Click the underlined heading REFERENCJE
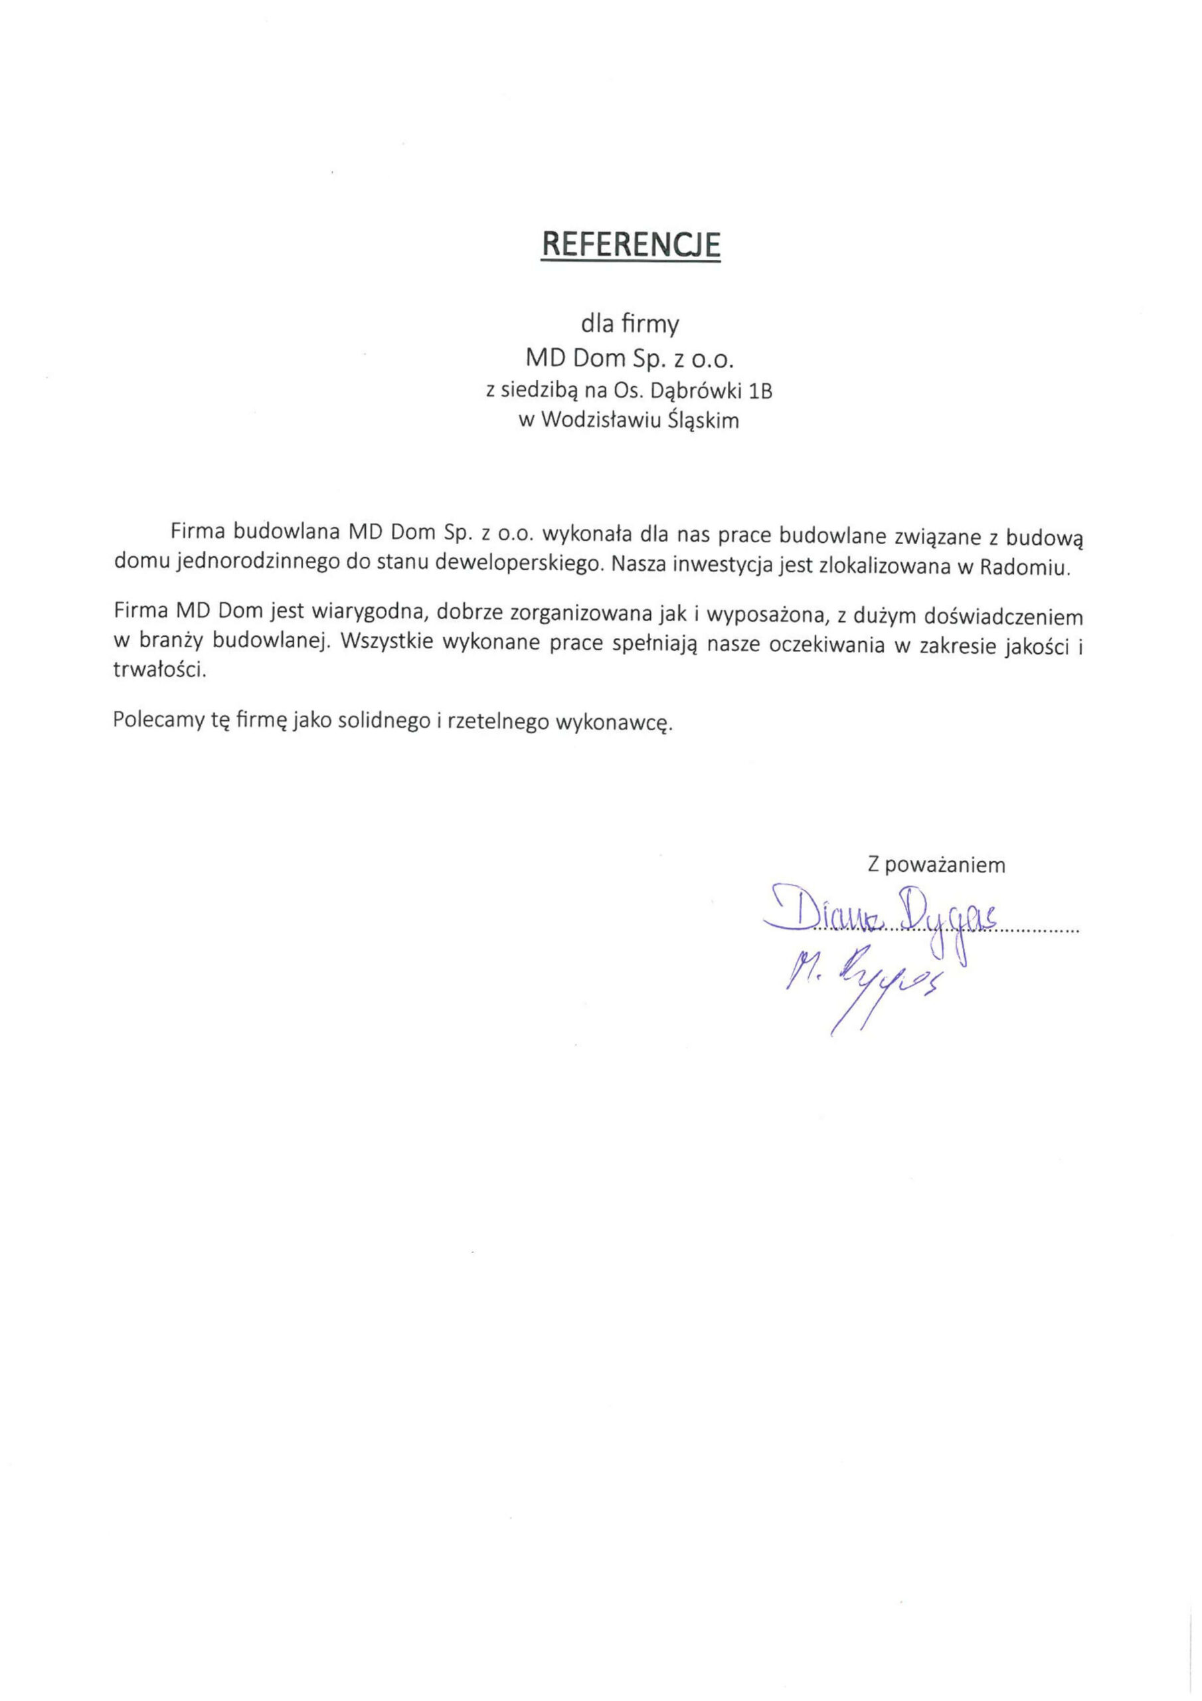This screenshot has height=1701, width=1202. [630, 245]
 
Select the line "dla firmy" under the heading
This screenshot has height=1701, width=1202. [630, 324]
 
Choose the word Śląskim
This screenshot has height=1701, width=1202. [703, 421]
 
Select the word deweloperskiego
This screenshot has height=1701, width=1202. [516, 562]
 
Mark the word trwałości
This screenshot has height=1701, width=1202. [159, 670]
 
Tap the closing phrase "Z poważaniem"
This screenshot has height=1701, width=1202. [936, 864]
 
